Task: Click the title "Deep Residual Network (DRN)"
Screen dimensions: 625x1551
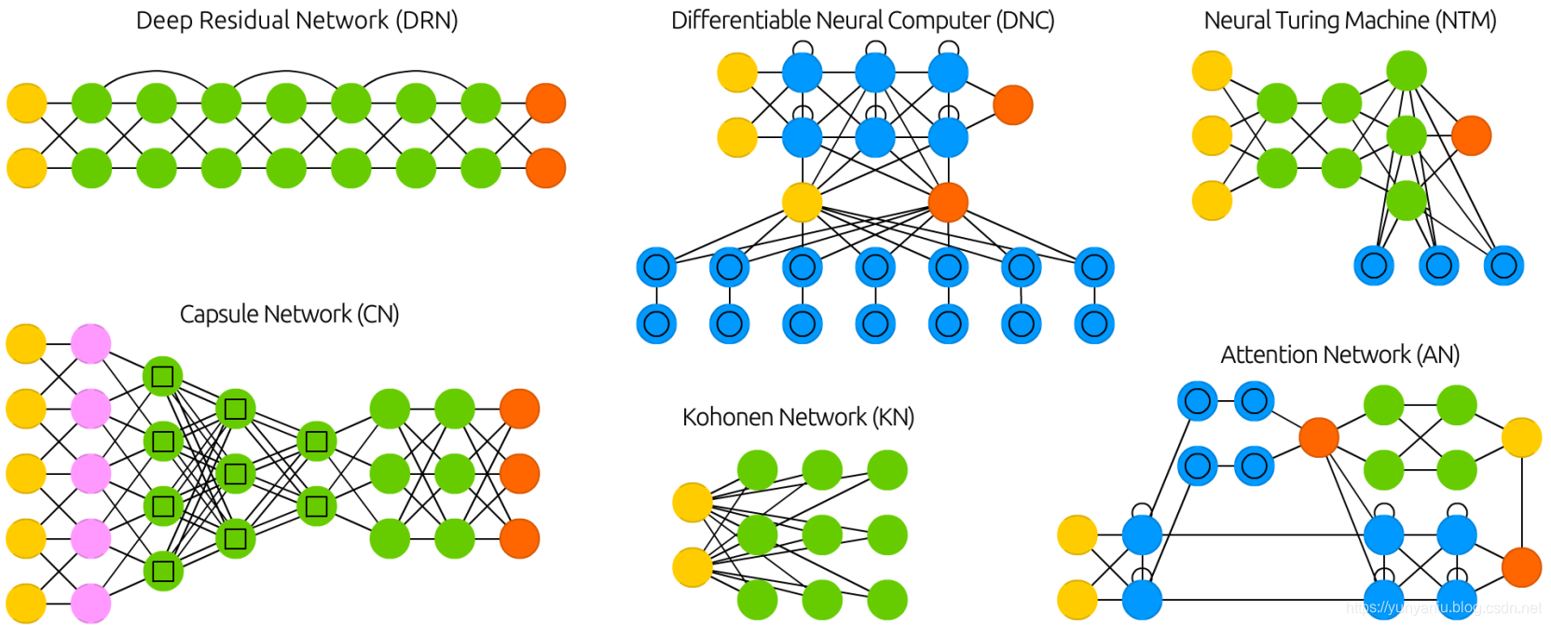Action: [296, 21]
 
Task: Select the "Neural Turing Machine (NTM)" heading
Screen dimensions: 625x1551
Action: [1350, 21]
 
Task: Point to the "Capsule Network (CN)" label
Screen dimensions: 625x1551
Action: [289, 314]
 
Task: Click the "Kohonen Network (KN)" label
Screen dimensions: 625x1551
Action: [798, 417]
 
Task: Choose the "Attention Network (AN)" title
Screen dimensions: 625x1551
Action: [1339, 355]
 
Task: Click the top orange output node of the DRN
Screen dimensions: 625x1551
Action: [545, 104]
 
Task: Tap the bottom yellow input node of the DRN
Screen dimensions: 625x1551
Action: [27, 169]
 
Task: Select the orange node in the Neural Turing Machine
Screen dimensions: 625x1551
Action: [1471, 135]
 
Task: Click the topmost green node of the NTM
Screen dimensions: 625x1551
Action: [1406, 71]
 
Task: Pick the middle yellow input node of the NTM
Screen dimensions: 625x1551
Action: [1212, 136]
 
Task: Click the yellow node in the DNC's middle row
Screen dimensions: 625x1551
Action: [802, 202]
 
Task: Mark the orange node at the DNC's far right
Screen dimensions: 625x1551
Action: [1013, 104]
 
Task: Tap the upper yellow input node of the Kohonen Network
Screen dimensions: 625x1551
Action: [693, 503]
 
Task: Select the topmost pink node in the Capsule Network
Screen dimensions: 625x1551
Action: [91, 344]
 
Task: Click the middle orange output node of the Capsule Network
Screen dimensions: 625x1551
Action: [519, 474]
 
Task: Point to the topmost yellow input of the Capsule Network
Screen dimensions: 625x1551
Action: [26, 344]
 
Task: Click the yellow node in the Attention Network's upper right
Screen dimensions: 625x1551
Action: [1521, 437]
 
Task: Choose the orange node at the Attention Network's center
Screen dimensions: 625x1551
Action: [1319, 437]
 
